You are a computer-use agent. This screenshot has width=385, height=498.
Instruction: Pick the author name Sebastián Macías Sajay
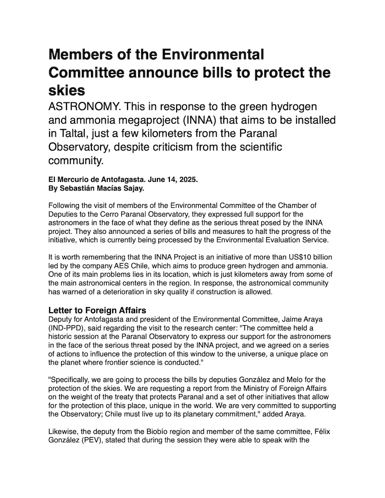pos(94,188)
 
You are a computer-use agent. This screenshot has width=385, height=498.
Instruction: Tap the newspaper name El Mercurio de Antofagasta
pos(90,179)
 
